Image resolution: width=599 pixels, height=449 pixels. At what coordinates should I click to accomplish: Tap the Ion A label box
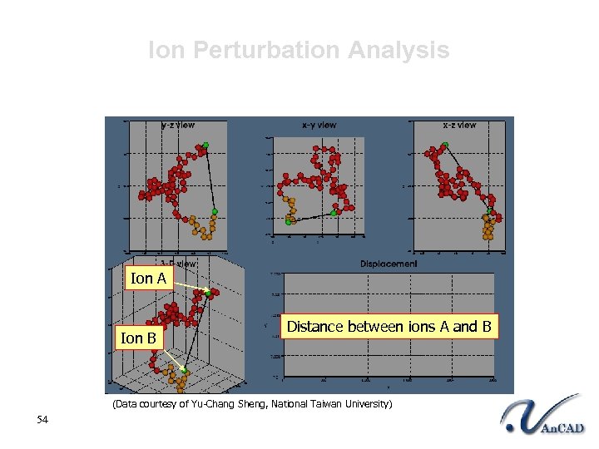tap(147, 279)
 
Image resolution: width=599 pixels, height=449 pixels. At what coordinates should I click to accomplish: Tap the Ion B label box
tap(138, 338)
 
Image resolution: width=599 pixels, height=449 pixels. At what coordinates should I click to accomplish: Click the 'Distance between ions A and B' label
tap(389, 327)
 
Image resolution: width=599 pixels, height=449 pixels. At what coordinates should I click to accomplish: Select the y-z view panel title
tap(178, 125)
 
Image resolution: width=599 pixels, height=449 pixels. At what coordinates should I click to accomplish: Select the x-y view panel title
tap(319, 125)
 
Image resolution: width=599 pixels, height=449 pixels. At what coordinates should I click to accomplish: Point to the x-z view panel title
tap(459, 125)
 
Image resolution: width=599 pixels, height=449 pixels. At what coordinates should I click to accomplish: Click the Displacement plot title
tap(389, 264)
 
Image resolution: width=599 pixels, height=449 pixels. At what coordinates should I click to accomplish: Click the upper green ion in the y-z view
tap(205, 146)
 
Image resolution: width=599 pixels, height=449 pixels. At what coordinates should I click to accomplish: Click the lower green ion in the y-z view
tap(214, 212)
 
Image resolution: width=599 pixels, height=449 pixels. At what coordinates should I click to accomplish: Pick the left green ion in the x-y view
tap(289, 222)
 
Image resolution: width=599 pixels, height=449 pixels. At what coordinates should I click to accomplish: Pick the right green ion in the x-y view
tap(333, 214)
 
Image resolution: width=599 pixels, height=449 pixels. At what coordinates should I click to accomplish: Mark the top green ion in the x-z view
tap(445, 146)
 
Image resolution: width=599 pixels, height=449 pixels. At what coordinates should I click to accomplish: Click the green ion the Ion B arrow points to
tap(185, 370)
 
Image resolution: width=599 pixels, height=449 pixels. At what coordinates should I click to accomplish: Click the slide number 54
tap(43, 419)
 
